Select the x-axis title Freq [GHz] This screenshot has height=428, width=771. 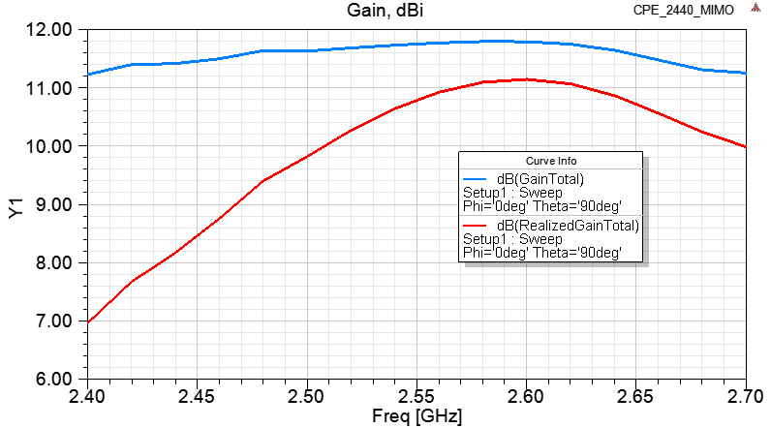pos(417,416)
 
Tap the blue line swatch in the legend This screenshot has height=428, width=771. pos(476,179)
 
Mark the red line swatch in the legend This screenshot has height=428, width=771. pos(476,226)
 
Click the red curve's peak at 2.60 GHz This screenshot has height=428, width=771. pos(526,79)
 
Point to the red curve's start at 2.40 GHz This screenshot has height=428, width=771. pos(88,321)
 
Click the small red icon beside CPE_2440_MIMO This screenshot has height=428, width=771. pos(755,9)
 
